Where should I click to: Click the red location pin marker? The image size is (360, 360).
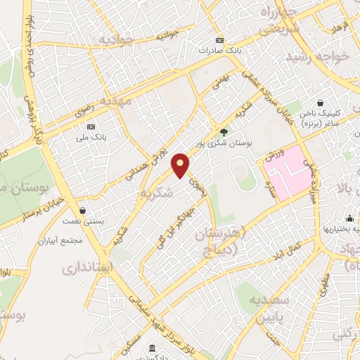click(x=181, y=165)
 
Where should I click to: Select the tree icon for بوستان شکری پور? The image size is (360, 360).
click(x=224, y=131)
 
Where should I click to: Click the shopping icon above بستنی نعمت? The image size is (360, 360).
click(x=82, y=210)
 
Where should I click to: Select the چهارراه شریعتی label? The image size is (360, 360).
click(x=270, y=20)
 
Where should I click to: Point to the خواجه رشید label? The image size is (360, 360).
click(x=322, y=56)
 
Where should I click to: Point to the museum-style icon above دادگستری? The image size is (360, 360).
click(x=152, y=348)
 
